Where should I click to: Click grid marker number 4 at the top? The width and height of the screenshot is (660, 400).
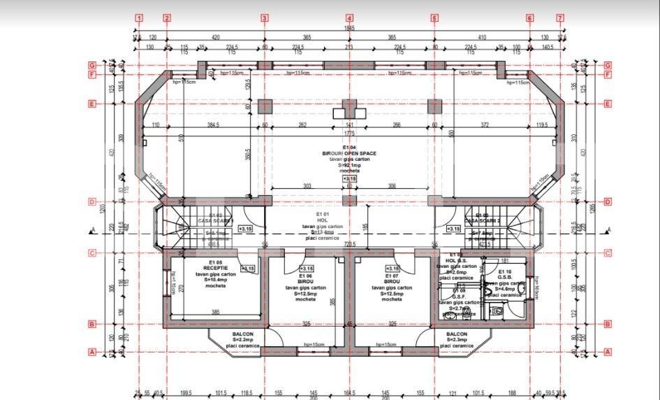pyautogui.click(x=349, y=18)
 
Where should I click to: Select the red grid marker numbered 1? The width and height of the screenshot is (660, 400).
pyautogui.click(x=140, y=18)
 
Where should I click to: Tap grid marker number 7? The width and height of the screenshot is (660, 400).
pyautogui.click(x=560, y=18)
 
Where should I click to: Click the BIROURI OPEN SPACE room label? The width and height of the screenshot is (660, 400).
pyautogui.click(x=349, y=153)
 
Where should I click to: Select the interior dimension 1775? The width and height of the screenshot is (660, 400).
pyautogui.click(x=349, y=134)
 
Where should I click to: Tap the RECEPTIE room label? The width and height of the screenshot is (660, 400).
pyautogui.click(x=215, y=268)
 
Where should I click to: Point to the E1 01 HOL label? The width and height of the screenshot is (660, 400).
pyautogui.click(x=322, y=219)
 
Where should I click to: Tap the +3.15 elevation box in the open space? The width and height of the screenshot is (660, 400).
pyautogui.click(x=349, y=179)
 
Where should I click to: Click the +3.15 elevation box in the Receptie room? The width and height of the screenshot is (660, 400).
pyautogui.click(x=248, y=268)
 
